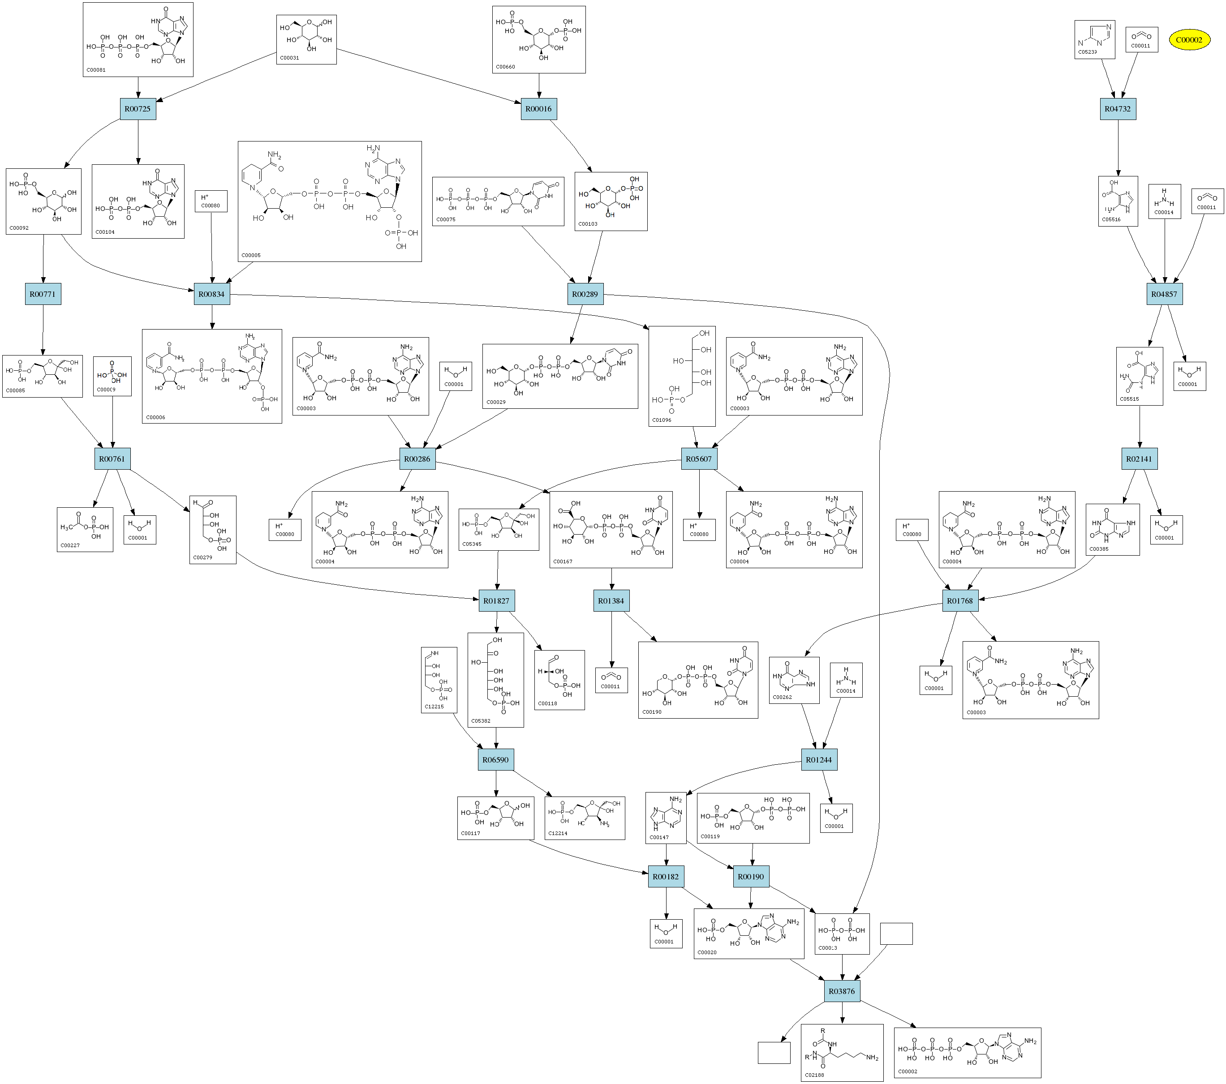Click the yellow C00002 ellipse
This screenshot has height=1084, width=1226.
tap(1189, 40)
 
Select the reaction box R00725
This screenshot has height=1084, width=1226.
tap(138, 109)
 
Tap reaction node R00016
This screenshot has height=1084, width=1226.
tap(538, 109)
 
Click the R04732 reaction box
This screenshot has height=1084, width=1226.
tap(1118, 109)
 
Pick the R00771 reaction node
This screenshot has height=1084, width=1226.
tap(43, 294)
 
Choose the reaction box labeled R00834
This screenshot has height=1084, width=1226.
tap(212, 294)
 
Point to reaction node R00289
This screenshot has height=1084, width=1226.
tap(585, 294)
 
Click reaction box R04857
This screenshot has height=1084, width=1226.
tap(1164, 294)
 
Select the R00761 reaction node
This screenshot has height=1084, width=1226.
tap(112, 459)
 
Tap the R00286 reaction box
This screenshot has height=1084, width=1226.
tap(417, 459)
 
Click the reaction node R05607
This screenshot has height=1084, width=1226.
tap(699, 459)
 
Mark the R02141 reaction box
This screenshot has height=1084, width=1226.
tap(1139, 459)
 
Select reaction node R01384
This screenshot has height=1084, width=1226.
tap(611, 601)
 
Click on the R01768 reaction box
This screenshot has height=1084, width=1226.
tap(959, 601)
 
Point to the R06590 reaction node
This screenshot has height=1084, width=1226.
tap(495, 760)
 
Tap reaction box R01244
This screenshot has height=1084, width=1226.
tap(819, 760)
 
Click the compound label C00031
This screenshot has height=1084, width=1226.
tap(290, 58)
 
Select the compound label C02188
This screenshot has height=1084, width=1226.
tap(814, 1075)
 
